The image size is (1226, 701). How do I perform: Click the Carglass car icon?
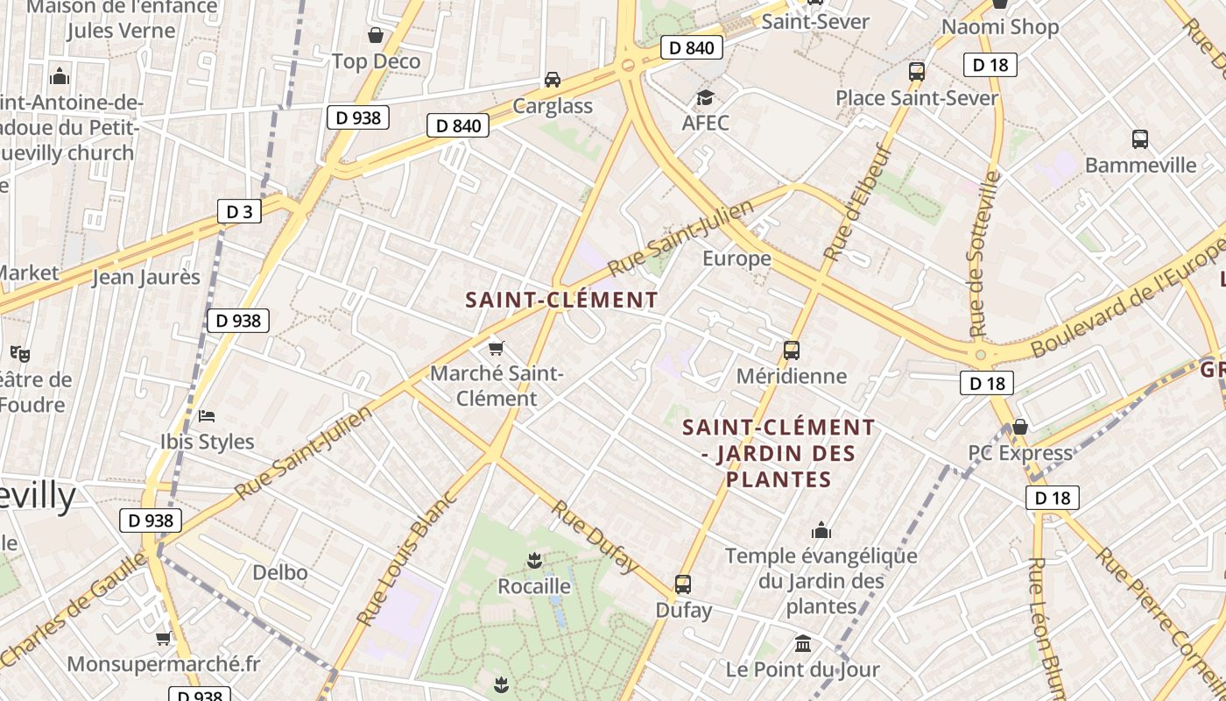pos(553,80)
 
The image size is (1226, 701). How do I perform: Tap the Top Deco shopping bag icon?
pos(376,35)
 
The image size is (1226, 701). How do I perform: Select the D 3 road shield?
pos(239,211)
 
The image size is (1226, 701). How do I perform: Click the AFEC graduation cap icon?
pos(705,96)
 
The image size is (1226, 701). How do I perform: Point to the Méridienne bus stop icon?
pos(792,350)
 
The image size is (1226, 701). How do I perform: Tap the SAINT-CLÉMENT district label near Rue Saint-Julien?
pos(561,300)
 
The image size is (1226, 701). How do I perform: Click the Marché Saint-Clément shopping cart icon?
pos(497,348)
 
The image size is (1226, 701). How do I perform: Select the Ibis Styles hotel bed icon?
pos(207,415)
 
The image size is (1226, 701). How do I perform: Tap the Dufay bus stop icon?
pos(683,584)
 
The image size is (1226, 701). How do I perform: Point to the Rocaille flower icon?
pos(534,560)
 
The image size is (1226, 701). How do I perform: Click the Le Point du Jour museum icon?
pos(803,644)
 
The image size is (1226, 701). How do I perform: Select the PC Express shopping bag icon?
pos(1020,427)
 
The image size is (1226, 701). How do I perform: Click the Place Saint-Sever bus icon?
pos(917,72)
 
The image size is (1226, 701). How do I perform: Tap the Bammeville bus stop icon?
pos(1140,138)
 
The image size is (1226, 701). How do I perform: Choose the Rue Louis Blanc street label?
pos(408,558)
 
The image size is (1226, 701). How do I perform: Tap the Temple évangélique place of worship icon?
pos(821,530)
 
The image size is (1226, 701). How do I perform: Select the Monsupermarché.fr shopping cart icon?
pos(163,638)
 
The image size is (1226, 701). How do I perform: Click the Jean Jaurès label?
pos(146,277)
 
